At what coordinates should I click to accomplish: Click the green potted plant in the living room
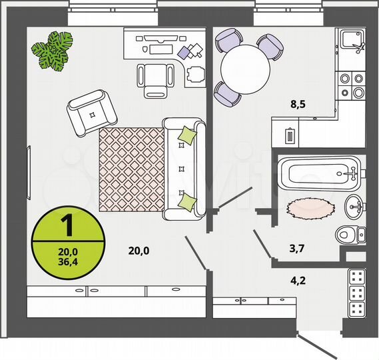coord(53,51)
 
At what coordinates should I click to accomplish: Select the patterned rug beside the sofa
coord(131,169)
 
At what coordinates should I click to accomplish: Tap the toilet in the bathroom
coord(350,234)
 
